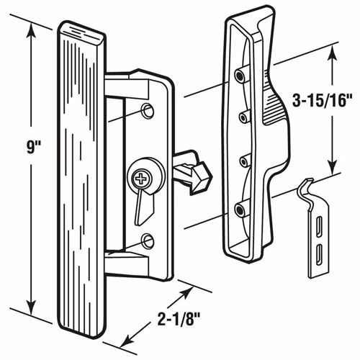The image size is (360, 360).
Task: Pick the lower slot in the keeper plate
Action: [x=318, y=253]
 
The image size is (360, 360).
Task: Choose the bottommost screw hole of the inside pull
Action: [x=238, y=209]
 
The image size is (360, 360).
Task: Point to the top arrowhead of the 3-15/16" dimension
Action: [x=333, y=50]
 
